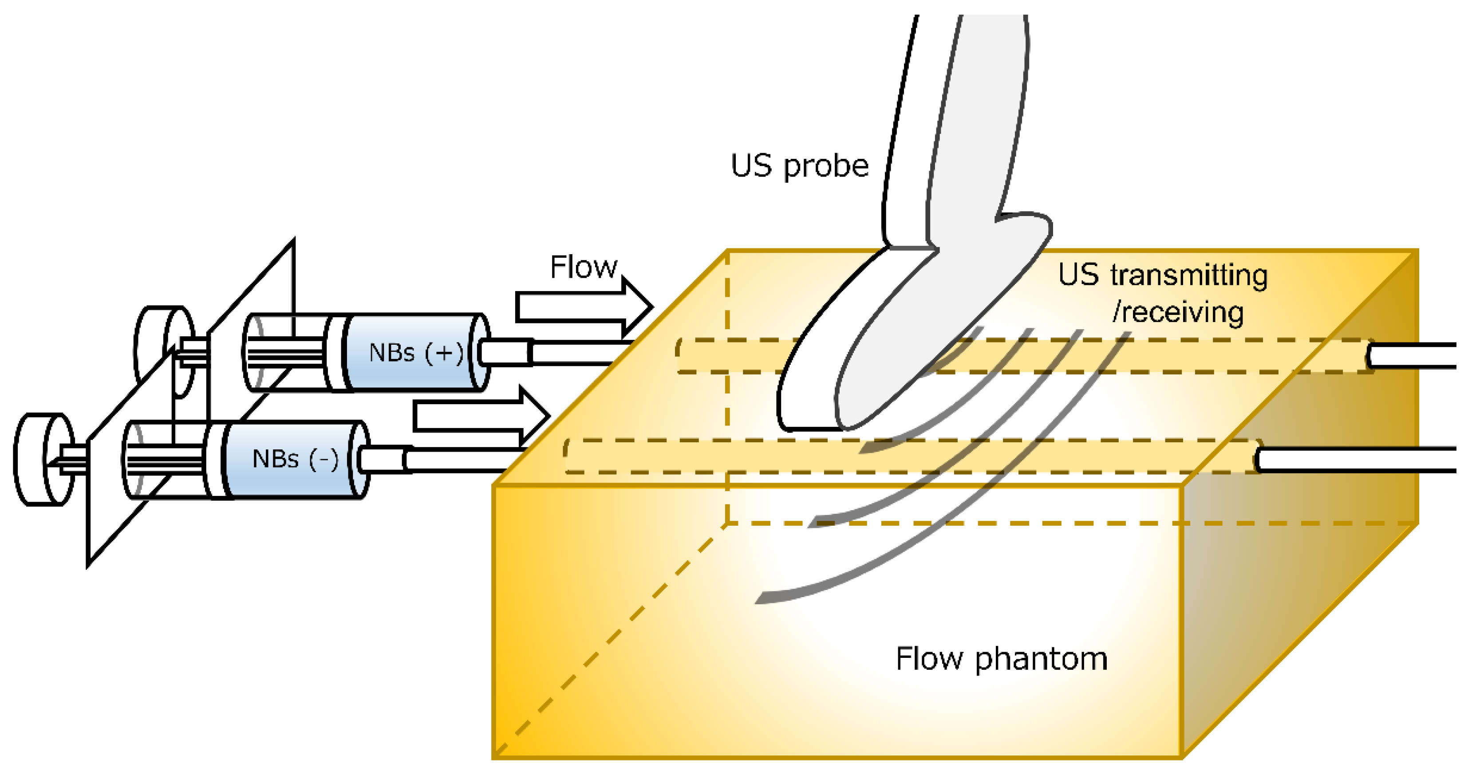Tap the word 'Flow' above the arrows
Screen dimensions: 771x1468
[583, 267]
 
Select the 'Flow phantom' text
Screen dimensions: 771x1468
[1001, 659]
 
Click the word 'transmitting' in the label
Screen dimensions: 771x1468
[1189, 275]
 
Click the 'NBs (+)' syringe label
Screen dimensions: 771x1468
[416, 353]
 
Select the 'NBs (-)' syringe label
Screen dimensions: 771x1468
[295, 459]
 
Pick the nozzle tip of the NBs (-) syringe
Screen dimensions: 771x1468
[383, 459]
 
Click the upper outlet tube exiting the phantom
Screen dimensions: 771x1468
[1413, 356]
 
